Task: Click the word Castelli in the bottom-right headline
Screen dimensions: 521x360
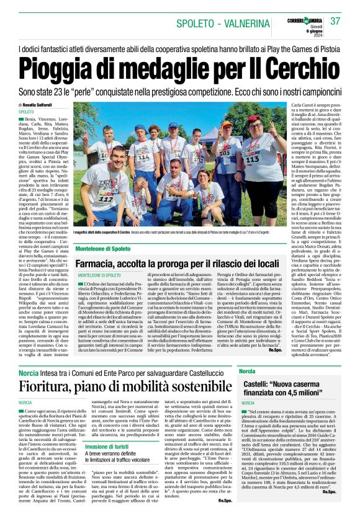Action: (x=259, y=386)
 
